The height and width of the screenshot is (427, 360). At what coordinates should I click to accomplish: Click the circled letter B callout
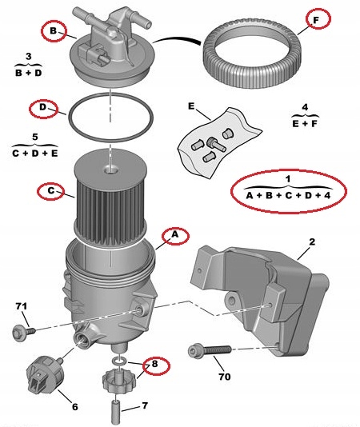click(54, 31)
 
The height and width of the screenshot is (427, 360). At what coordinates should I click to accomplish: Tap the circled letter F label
click(318, 18)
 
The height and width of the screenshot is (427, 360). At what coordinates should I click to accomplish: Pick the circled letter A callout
click(175, 235)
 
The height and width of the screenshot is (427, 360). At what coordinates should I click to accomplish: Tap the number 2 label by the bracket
click(312, 241)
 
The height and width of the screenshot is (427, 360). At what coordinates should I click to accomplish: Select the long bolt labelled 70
click(210, 350)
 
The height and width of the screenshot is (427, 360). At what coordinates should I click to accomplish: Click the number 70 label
click(225, 377)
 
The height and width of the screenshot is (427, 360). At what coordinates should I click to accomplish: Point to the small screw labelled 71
click(24, 332)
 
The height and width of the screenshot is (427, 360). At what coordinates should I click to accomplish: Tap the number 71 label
click(22, 306)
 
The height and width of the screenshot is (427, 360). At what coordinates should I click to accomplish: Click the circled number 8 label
click(155, 365)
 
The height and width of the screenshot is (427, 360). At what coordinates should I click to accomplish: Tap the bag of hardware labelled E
click(219, 142)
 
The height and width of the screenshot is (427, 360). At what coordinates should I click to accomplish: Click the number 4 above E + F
click(305, 107)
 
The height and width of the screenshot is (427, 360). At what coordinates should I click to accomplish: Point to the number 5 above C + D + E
click(35, 137)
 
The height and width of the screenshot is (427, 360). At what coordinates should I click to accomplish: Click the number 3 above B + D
click(28, 57)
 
